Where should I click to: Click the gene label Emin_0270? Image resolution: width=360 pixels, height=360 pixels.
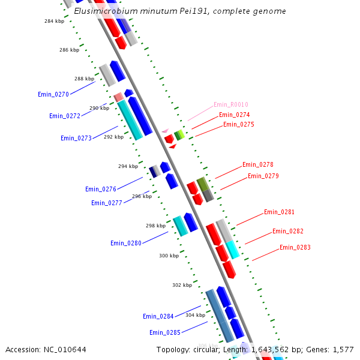coord(53,94)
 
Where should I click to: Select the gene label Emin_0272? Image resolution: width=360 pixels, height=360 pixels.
coord(65,116)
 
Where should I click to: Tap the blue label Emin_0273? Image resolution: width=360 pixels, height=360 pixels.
coord(76,138)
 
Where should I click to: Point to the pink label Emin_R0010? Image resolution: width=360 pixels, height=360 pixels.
coord(231,104)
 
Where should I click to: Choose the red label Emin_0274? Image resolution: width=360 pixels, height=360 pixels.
coord(235,115)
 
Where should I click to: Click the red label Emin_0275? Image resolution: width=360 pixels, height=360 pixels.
coord(239,124)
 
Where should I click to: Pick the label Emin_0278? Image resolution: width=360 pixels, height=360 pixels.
coord(258,164)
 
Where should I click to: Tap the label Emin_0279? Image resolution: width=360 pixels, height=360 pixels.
coord(263,176)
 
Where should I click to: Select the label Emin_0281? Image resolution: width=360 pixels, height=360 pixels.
coord(280,212)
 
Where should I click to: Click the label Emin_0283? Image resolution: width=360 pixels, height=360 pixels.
coord(295,247)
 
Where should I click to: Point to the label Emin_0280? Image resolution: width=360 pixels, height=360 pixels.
coord(126,243)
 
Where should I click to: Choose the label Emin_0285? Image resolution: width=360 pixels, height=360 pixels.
coord(165,332)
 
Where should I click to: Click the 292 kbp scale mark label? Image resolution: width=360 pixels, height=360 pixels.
coord(113,137)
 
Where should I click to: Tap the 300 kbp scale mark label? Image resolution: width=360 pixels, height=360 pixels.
coord(169,256)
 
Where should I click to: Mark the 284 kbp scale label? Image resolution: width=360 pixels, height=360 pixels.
coord(55,21)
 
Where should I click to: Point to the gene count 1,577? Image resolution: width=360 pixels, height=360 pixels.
coord(343,349)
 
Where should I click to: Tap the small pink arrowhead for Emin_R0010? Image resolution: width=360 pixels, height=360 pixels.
coord(165,130)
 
